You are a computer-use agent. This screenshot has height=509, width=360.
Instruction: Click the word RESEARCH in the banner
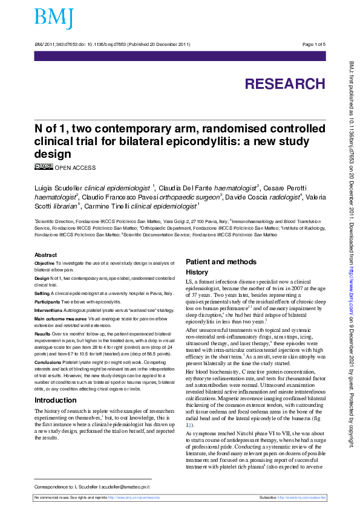284,83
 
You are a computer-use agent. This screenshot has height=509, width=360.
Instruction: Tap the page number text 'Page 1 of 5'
313,44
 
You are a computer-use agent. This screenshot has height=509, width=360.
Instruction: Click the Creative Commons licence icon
44,167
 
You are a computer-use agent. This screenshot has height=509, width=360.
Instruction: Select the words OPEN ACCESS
75,167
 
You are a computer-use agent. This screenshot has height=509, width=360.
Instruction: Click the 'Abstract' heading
46,255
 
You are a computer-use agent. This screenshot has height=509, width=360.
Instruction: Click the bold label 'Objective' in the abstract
44,264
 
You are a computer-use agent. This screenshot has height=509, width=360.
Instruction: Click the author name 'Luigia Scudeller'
58,187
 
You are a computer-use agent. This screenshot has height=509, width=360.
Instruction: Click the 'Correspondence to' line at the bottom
91,486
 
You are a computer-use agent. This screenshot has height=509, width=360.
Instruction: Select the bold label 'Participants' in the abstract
48,300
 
